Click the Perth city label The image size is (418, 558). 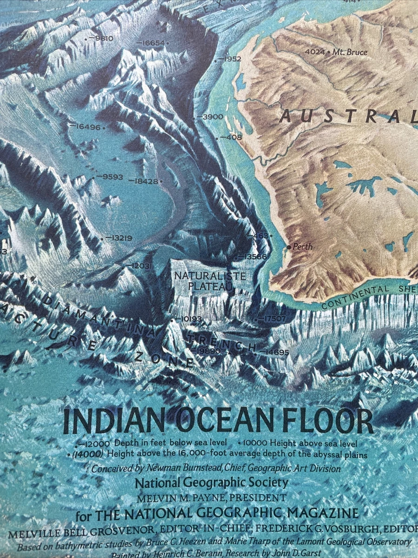[303, 247]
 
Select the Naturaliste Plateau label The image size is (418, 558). [210, 281]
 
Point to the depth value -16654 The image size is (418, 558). [151, 43]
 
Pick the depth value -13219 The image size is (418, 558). [119, 238]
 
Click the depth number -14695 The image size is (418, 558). [274, 352]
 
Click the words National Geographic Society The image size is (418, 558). [212, 483]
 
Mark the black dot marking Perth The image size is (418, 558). [289, 247]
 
